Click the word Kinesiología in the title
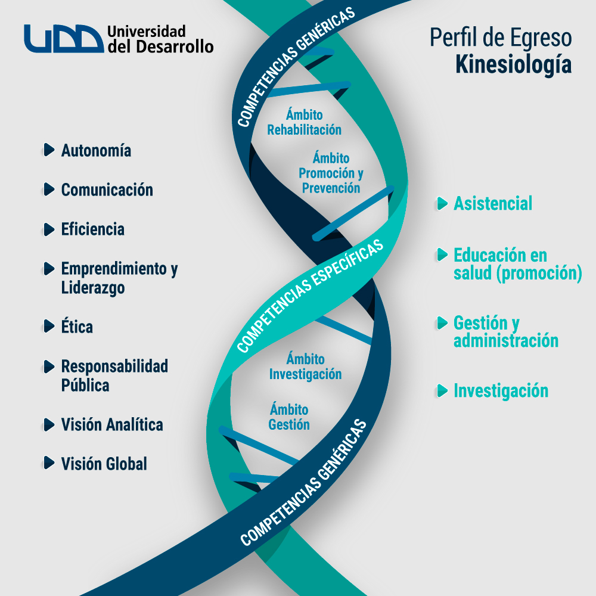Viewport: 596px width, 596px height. pos(513,64)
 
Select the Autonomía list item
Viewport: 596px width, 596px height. pos(96,150)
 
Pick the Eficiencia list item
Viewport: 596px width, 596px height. pos(92,229)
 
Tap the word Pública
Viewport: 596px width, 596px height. pos(85,385)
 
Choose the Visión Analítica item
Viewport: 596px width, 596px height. pos(112,425)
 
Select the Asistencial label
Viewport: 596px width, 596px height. pos(493,204)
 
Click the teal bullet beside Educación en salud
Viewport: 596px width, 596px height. pos(442,255)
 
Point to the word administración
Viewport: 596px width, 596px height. pos(506,341)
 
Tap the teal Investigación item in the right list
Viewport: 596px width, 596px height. pos(501,391)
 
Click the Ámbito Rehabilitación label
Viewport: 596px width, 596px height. pos(304,122)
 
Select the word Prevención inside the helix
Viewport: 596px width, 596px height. pos(331,188)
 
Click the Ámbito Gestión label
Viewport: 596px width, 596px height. pos(289,417)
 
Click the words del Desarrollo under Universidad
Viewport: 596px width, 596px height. pos(160,46)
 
